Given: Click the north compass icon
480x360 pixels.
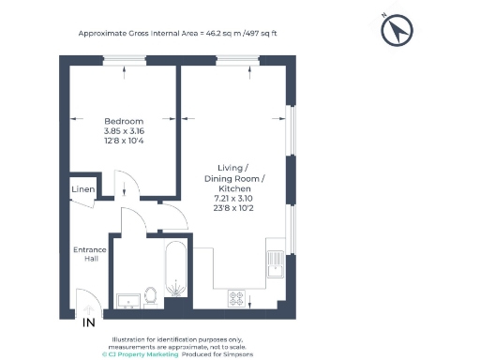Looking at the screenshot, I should click(x=396, y=32).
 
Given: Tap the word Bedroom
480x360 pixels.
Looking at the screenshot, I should click(x=123, y=121).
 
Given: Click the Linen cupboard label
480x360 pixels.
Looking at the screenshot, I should click(x=82, y=190).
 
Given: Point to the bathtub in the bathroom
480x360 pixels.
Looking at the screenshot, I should click(x=175, y=272).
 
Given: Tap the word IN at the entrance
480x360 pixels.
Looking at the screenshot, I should click(x=88, y=323).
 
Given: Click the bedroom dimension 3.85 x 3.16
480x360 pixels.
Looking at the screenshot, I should click(x=123, y=131).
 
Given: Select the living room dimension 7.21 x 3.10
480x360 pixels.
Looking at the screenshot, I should click(x=234, y=199).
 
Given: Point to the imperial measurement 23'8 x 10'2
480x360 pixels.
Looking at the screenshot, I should click(x=234, y=209).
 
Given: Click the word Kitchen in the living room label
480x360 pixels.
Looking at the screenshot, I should click(x=234, y=188).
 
